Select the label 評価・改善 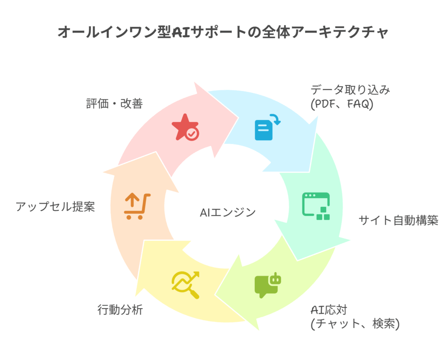(x=113, y=104)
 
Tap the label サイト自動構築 (x=398, y=221)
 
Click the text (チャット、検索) (x=355, y=324)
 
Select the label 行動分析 (x=119, y=310)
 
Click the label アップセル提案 (x=55, y=206)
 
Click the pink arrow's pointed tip (x=238, y=118)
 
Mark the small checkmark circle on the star (x=192, y=134)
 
